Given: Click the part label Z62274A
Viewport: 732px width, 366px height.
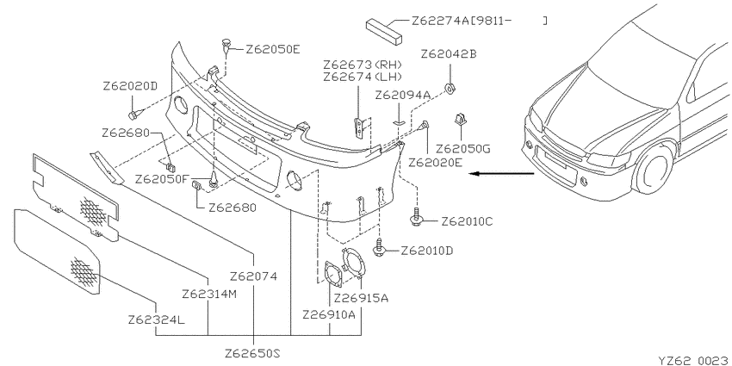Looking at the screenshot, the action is click(x=441, y=21).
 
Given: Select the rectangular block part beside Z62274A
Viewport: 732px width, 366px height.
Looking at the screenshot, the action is click(x=384, y=31).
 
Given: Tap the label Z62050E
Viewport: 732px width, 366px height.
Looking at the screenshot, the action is click(x=273, y=49).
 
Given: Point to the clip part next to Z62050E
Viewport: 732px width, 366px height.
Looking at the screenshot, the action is click(x=226, y=45).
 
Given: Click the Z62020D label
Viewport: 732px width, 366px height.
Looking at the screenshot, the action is click(x=130, y=86).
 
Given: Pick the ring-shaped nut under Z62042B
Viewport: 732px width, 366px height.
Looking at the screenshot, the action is click(x=450, y=88).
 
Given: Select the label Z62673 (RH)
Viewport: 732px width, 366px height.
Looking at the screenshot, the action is click(x=363, y=64).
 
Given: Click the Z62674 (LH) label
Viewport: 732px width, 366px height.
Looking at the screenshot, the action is click(x=363, y=76).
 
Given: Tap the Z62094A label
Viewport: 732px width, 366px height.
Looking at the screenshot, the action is click(x=403, y=96).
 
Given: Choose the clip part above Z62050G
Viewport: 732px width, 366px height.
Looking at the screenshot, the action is click(x=461, y=119).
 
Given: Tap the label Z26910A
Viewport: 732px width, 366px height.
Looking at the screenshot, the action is click(x=329, y=314).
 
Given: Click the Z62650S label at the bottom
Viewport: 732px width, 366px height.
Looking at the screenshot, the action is click(x=252, y=352).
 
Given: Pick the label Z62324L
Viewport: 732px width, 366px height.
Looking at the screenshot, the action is click(x=157, y=320).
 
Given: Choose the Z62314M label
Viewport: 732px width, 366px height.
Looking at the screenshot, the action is click(x=209, y=295).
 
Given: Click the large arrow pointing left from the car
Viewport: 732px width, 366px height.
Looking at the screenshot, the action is click(x=501, y=174).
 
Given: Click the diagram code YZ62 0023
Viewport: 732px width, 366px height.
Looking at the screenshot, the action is click(x=694, y=360).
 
